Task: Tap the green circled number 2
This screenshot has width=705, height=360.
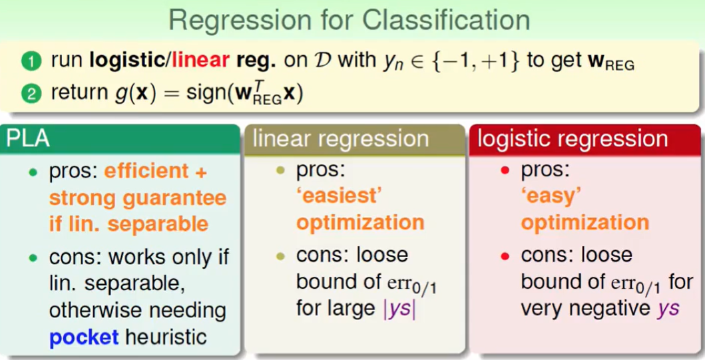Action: (x=31, y=94)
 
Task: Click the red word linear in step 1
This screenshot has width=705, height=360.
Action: (x=200, y=61)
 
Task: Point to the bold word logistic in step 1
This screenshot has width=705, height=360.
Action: (x=128, y=61)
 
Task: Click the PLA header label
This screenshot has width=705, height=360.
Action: (x=28, y=139)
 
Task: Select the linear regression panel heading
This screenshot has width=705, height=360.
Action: (x=341, y=139)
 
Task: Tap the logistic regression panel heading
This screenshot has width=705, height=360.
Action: (x=573, y=139)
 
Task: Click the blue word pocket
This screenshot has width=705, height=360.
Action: (x=84, y=337)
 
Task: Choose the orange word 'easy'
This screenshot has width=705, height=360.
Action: (x=551, y=196)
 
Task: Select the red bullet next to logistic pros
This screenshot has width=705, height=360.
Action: (x=505, y=170)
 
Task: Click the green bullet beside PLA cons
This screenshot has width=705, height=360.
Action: (x=33, y=258)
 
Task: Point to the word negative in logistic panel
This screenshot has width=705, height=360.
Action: (x=605, y=309)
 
